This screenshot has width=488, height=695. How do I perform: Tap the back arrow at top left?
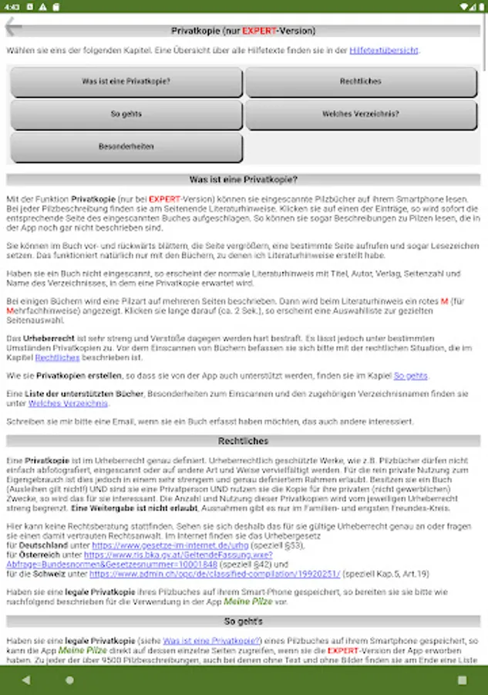[13, 27]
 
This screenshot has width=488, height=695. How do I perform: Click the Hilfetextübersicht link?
[383, 50]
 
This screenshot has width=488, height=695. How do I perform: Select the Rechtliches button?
[361, 82]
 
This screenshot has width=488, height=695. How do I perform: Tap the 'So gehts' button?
[126, 114]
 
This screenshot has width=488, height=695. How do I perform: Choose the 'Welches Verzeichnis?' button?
[361, 114]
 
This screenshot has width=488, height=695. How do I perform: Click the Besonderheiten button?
[126, 147]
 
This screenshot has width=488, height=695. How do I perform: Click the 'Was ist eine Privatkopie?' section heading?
[244, 180]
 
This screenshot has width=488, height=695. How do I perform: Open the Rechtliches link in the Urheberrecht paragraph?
[57, 358]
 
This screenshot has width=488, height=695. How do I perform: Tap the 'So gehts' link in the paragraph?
[410, 376]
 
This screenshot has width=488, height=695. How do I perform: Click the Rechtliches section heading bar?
[244, 442]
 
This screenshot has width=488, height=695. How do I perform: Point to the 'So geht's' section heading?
[244, 621]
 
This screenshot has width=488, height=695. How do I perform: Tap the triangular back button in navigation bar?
[26, 680]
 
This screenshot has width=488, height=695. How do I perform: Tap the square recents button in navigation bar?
[462, 680]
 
